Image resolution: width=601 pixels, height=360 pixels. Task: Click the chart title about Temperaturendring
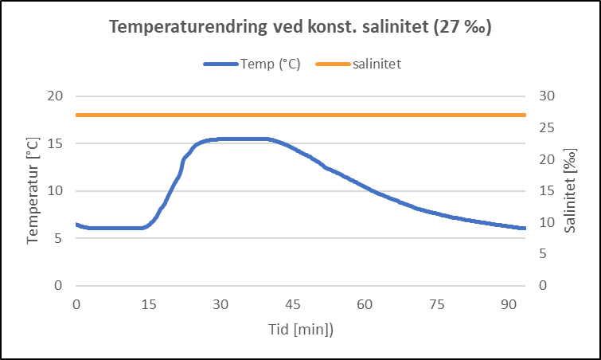300,27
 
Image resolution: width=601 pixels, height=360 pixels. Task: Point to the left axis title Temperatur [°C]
33,190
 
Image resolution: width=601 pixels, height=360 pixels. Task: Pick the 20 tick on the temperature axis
55,96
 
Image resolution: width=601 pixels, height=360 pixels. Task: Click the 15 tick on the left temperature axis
55,143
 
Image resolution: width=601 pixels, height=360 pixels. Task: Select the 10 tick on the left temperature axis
55,191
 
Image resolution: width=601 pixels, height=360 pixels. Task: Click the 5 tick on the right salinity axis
546,254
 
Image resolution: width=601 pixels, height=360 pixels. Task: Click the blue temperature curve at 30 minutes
220,139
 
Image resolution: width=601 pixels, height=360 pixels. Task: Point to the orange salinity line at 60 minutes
365,115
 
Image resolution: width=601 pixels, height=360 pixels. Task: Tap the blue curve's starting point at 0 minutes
77,225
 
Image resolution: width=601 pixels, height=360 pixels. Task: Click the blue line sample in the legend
220,65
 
